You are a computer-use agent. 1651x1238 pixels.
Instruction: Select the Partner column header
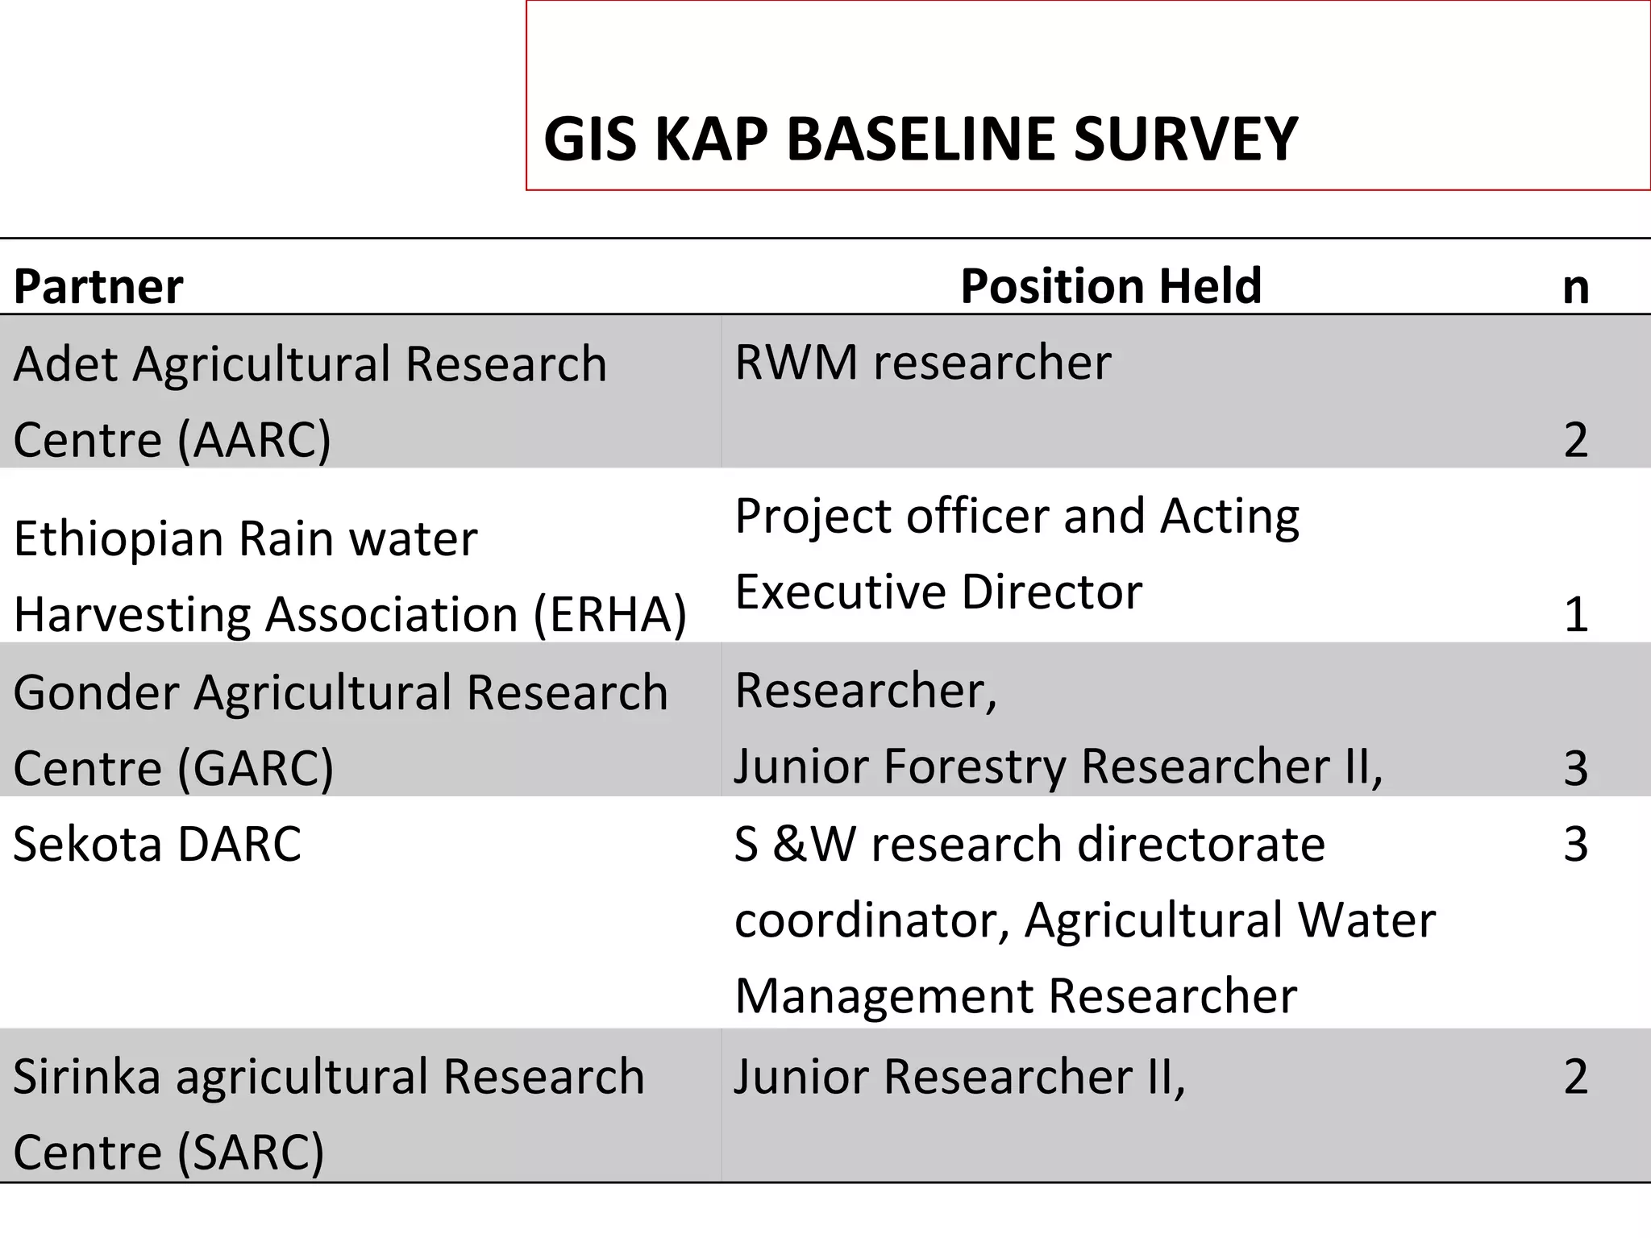tap(98, 286)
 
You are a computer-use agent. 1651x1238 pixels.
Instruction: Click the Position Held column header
tap(1111, 285)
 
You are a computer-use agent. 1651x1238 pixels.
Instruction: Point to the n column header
tap(1575, 287)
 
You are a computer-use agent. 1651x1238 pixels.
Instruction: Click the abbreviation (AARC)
tap(253, 440)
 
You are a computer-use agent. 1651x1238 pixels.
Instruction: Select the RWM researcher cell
tap(923, 362)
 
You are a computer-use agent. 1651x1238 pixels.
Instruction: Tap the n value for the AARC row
tap(1575, 440)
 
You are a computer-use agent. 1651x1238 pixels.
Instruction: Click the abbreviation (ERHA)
tap(610, 615)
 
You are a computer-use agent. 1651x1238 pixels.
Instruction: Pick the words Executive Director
tap(938, 592)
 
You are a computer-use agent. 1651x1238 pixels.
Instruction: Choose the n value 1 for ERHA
tap(1575, 615)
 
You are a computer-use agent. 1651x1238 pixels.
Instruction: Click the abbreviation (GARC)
tap(255, 768)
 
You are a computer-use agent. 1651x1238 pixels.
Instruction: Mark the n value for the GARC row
tap(1575, 768)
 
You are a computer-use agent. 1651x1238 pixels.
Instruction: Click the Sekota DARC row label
tap(157, 845)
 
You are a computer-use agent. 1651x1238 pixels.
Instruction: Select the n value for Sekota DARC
tap(1575, 845)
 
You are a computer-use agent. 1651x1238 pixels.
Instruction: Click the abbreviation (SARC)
tap(250, 1153)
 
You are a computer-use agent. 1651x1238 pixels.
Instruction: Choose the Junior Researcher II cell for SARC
tap(959, 1077)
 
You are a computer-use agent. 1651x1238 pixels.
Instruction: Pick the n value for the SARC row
tap(1575, 1077)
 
